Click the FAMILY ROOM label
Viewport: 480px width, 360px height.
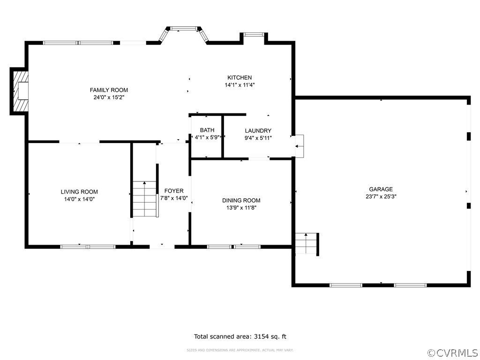[x=109, y=90]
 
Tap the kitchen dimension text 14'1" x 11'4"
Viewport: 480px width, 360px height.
[x=240, y=85]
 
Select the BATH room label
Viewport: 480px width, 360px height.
[x=207, y=130]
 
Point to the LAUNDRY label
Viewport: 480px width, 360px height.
[x=258, y=131]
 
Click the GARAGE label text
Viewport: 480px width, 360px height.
[x=381, y=189]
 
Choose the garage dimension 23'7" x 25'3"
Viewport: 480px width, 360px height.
[x=381, y=197]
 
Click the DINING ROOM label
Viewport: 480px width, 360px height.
[x=241, y=200]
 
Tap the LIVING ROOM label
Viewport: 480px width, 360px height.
[x=79, y=192]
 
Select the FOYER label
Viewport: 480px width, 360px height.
[x=174, y=191]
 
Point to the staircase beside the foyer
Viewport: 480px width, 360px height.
[x=144, y=199]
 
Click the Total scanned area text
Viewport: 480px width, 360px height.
[x=240, y=337]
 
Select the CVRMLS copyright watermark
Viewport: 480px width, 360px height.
[x=453, y=352]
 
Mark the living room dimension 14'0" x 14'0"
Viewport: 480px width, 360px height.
[x=79, y=199]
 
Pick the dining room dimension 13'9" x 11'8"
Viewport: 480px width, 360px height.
[x=241, y=208]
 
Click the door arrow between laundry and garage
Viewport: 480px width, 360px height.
[x=298, y=146]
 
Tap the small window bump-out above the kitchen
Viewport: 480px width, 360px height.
[x=254, y=36]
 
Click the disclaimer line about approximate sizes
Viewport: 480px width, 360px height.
[x=240, y=350]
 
